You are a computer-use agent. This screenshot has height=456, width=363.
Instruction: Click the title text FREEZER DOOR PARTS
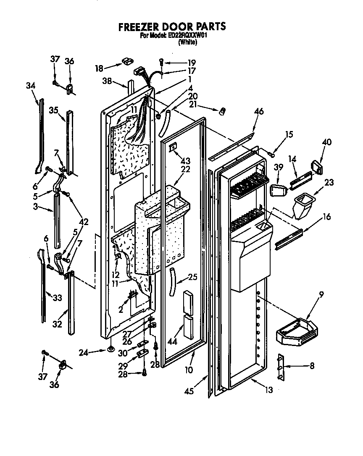point(172,26)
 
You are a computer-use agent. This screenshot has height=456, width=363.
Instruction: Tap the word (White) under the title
point(187,42)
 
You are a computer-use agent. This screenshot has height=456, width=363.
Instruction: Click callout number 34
point(30,86)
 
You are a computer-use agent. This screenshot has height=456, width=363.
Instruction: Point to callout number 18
point(99,68)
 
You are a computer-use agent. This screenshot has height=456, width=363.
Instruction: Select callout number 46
point(259,112)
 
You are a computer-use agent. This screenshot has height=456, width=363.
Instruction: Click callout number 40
point(326,142)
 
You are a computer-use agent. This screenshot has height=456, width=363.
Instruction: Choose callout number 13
point(268,390)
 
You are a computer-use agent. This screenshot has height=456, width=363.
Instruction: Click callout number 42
point(84,222)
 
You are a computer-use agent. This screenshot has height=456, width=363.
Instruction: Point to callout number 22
point(185,169)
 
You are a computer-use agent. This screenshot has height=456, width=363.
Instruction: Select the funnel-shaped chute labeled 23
point(303,205)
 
